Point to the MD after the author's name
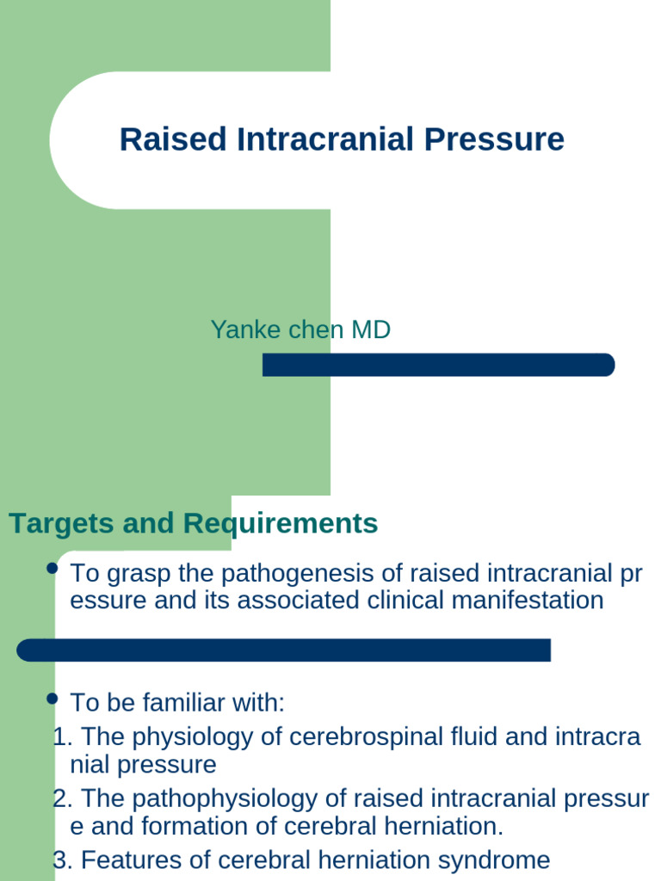pyautogui.click(x=370, y=330)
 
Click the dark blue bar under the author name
pyautogui.click(x=438, y=365)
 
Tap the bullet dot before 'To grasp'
pyautogui.click(x=52, y=569)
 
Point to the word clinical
pyautogui.click(x=406, y=600)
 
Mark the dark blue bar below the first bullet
pyautogui.click(x=283, y=650)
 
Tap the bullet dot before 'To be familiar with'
pyautogui.click(x=52, y=698)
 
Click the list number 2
pyautogui.click(x=59, y=799)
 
